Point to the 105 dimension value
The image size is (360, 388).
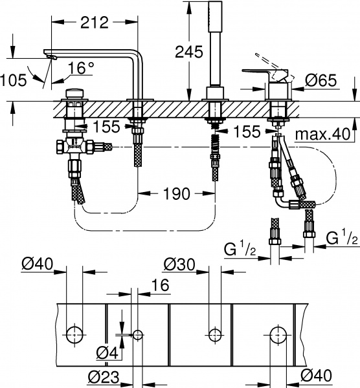pyautogui.click(x=13, y=80)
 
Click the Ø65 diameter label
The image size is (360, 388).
pyautogui.click(x=320, y=80)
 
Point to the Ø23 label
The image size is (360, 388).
pyautogui.click(x=104, y=376)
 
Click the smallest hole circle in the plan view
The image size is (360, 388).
pyautogui.click(x=137, y=335)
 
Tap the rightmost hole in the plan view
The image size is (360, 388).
pyautogui.click(x=278, y=335)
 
